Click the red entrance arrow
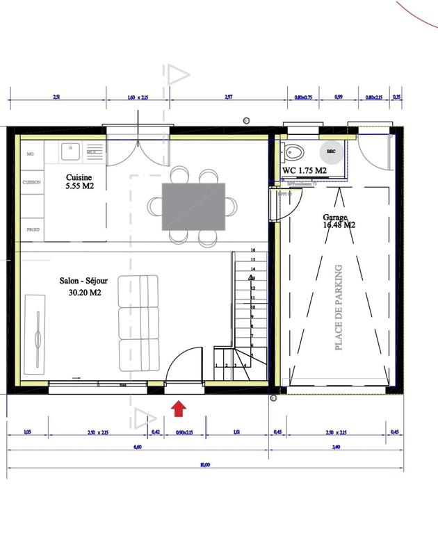pyautogui.click(x=178, y=408)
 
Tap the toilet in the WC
pyautogui.click(x=293, y=152)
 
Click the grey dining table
pyautogui.click(x=194, y=206)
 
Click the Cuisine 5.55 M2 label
pyautogui.click(x=80, y=182)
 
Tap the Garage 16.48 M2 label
pyautogui.click(x=339, y=220)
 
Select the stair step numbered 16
pyautogui.click(x=254, y=249)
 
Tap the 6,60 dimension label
pyautogui.click(x=137, y=449)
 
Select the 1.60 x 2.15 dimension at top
pyautogui.click(x=139, y=99)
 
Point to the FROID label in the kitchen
pyautogui.click(x=33, y=229)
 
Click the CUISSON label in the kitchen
pyautogui.click(x=33, y=182)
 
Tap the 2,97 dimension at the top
pyautogui.click(x=227, y=99)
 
